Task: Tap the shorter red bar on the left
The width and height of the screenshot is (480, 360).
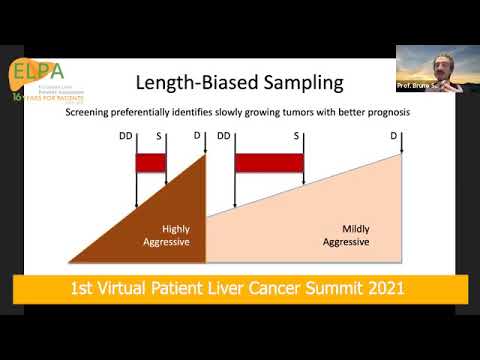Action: [150, 162]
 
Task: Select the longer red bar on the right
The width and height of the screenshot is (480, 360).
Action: [268, 162]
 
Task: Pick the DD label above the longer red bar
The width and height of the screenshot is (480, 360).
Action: [224, 135]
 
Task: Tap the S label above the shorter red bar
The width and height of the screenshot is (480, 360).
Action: [166, 135]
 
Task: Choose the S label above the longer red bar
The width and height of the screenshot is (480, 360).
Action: [297, 135]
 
